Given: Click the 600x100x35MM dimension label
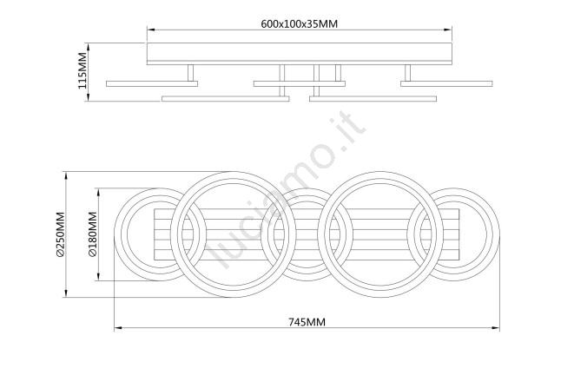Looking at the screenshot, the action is (299, 23).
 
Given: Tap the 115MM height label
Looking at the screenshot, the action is (82, 70).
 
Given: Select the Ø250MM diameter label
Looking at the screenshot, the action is (61, 234).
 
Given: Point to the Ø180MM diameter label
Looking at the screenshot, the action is (93, 234).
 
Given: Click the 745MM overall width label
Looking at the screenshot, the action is (307, 322).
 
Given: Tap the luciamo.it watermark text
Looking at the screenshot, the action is (285, 189).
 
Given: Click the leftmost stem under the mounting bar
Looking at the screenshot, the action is (190, 73).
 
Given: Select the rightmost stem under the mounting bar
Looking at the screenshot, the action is (407, 73).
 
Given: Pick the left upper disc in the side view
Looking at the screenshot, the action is (152, 84).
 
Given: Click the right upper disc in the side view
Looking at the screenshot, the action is (446, 84).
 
